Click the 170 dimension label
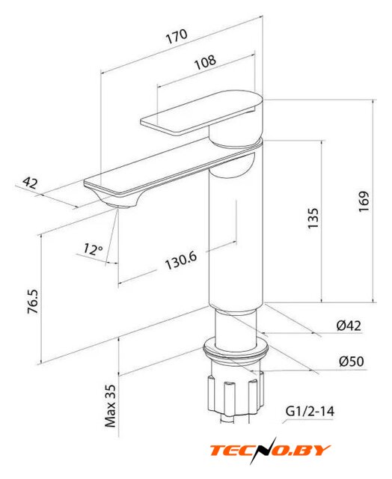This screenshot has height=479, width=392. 177,36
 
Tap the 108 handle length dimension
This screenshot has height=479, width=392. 206,62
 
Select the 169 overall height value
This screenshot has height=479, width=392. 364,201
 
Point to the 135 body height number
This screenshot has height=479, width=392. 313,218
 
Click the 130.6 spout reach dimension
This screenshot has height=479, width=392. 181,260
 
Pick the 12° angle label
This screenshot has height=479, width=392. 93,249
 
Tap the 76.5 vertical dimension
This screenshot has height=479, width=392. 33,302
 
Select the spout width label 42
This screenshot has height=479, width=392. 31,183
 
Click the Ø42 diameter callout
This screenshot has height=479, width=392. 349,326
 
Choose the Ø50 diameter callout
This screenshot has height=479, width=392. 352,361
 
